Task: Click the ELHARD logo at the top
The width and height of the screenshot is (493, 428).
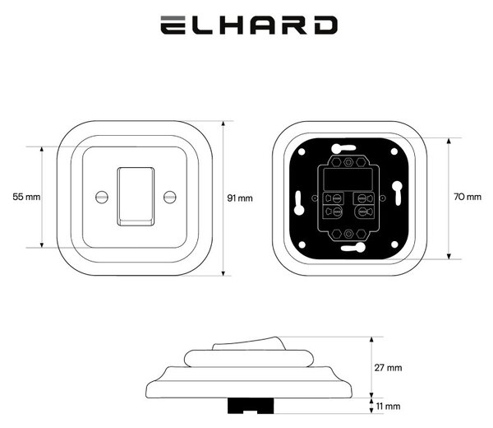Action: (x=249, y=26)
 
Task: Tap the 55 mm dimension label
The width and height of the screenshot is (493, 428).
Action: (x=27, y=197)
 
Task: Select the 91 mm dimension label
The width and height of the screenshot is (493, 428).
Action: (x=240, y=198)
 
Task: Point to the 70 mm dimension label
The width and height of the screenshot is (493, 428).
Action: (x=468, y=197)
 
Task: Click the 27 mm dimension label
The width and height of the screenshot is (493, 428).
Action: (x=388, y=368)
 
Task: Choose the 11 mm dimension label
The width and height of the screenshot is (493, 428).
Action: (x=389, y=407)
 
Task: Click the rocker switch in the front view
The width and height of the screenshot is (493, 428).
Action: (x=136, y=197)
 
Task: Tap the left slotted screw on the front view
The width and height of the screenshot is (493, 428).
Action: (x=102, y=198)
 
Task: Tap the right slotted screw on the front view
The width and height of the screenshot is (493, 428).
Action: (x=170, y=198)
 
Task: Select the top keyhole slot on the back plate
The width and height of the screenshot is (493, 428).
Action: (x=343, y=147)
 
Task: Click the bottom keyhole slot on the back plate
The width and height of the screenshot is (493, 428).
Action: (x=353, y=248)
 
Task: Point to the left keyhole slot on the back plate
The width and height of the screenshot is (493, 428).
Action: (x=299, y=203)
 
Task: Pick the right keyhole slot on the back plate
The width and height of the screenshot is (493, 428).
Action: (x=397, y=193)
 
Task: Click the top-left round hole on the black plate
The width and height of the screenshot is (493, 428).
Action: (x=302, y=151)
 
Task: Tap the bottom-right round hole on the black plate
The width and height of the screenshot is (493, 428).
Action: (x=394, y=244)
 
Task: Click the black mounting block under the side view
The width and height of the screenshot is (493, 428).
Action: (x=251, y=406)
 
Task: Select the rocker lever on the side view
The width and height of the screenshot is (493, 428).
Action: (x=249, y=343)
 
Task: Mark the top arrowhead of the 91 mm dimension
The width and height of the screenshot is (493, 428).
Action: (x=223, y=123)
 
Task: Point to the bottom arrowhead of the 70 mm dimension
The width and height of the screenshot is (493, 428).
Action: (x=449, y=256)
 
